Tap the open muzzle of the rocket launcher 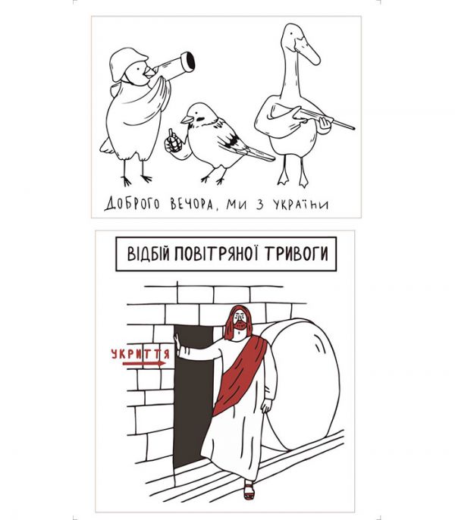tap(190, 62)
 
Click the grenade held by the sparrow tap(173, 141)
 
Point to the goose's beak tap(308, 51)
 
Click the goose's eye tap(292, 34)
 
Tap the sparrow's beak tap(187, 120)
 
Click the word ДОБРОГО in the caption tap(132, 203)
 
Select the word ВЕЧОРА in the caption tap(192, 204)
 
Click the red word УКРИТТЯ tap(140, 354)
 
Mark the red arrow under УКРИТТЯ tap(144, 364)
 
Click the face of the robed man tap(240, 321)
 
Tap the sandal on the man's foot tap(249, 490)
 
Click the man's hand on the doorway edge tap(177, 343)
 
